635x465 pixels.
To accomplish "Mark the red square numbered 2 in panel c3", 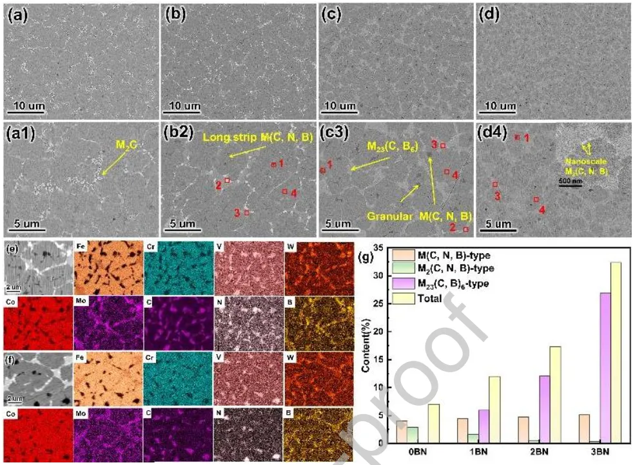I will coord(466,228).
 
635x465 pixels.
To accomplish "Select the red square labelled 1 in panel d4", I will coord(517,137).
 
